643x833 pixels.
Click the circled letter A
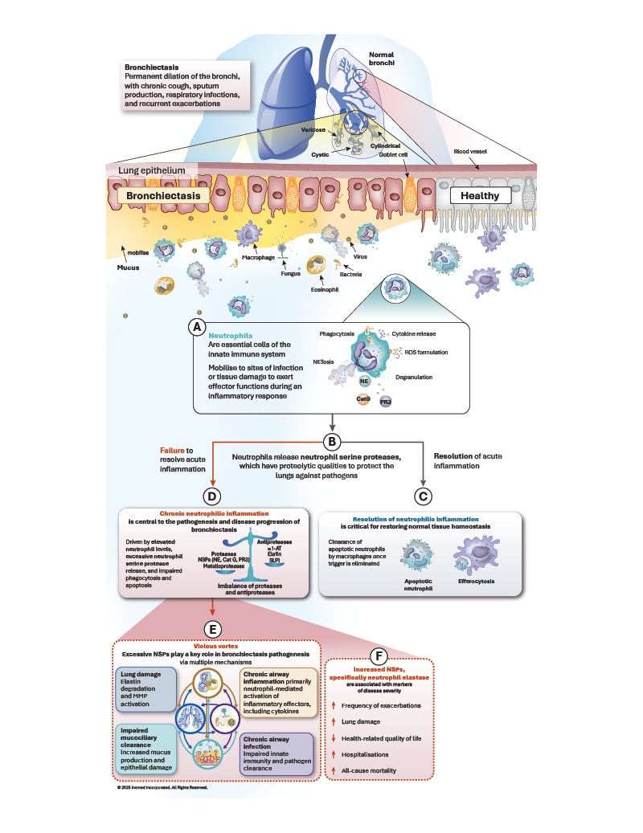[194, 326]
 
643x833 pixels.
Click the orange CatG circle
[364, 398]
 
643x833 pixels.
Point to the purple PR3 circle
[385, 400]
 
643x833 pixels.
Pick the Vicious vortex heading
[211, 643]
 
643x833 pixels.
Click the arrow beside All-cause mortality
[334, 771]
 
